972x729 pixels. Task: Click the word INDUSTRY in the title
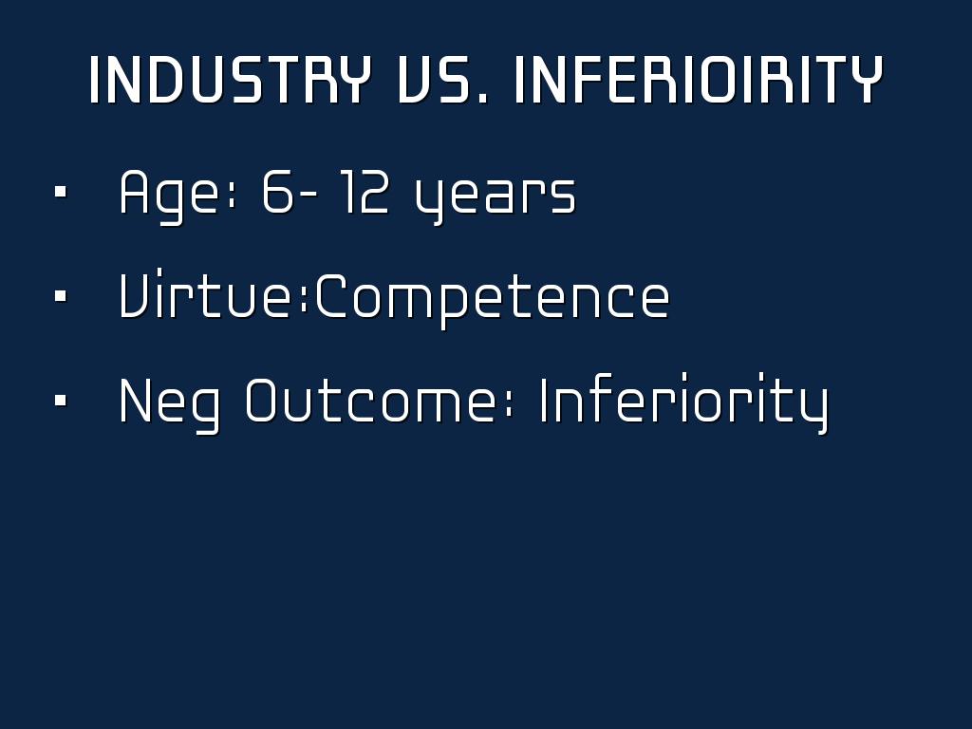230,80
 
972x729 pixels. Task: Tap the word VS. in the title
442,80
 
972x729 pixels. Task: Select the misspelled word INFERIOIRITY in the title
699,80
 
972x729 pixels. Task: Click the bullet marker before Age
60,192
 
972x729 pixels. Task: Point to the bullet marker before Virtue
60,296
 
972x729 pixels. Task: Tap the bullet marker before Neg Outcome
60,401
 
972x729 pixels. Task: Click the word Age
169,196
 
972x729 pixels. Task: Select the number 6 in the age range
278,191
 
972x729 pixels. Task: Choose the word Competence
493,300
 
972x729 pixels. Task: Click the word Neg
169,405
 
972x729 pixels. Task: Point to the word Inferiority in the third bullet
684,402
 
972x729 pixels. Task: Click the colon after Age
232,197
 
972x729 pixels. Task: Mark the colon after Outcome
510,406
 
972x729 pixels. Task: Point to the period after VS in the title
483,98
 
